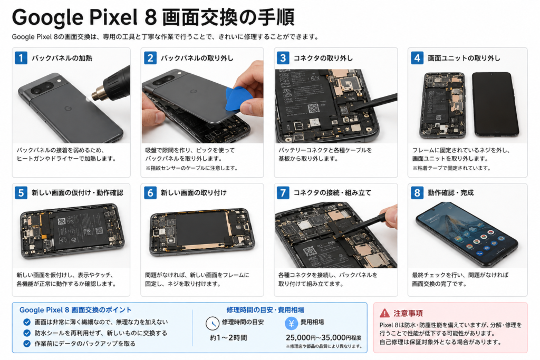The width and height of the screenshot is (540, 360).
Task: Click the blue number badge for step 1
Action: pyautogui.click(x=21, y=58)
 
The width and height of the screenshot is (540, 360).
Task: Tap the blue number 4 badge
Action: pyautogui.click(x=417, y=58)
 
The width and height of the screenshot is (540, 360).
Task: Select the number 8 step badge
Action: pyautogui.click(x=417, y=193)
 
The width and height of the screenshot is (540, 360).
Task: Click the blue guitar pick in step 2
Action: pyautogui.click(x=238, y=99)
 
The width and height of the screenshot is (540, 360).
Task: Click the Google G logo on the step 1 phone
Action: pyautogui.click(x=68, y=109)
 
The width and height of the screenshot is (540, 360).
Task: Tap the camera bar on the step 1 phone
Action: pyautogui.click(x=42, y=88)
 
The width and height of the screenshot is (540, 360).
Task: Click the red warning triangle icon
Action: pyautogui.click(x=384, y=313)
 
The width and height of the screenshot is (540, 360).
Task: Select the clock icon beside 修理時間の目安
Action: pyautogui.click(x=213, y=324)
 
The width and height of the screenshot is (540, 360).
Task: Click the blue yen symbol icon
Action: pyautogui.click(x=291, y=324)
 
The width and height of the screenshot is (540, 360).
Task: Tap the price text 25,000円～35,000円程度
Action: pyautogui.click(x=323, y=338)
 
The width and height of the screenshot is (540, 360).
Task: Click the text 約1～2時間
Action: pyautogui.click(x=228, y=338)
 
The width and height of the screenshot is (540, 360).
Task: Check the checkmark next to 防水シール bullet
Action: pyautogui.click(x=27, y=333)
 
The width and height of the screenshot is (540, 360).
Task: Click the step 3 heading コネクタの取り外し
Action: pyautogui.click(x=323, y=58)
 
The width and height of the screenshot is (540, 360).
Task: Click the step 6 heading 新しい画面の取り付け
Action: pyautogui.click(x=194, y=193)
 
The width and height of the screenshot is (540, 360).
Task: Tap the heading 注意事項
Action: pyautogui.click(x=408, y=313)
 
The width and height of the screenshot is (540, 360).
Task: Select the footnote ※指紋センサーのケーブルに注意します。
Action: pyautogui.click(x=191, y=168)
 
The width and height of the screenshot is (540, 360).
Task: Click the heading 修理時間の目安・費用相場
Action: pyautogui.click(x=265, y=310)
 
